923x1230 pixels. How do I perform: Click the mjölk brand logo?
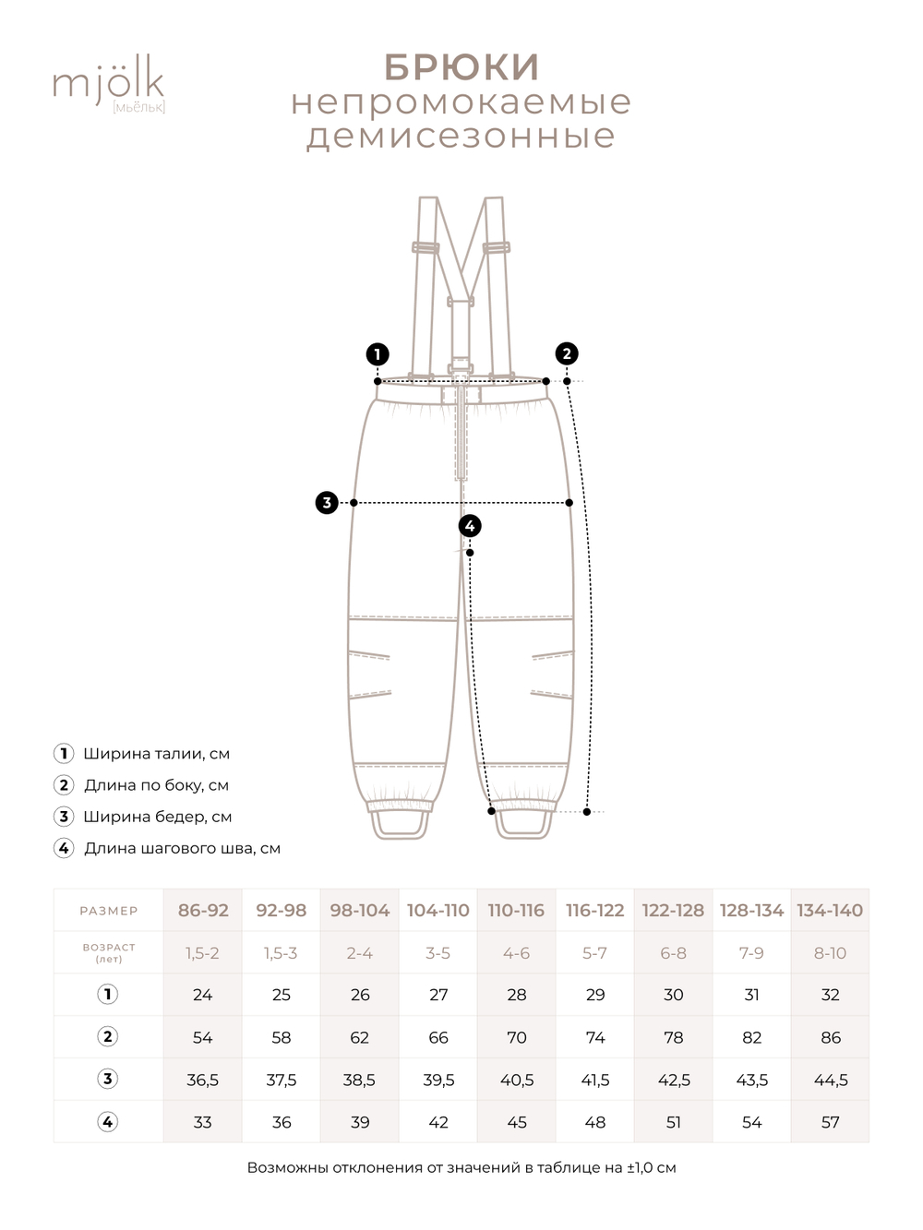(108, 84)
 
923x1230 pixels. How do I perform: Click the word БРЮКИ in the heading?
(461, 67)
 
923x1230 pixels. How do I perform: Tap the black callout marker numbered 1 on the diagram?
(377, 354)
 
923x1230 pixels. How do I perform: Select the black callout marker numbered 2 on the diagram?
(567, 353)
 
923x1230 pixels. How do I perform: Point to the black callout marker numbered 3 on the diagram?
(327, 503)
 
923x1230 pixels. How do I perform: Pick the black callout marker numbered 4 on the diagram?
(470, 526)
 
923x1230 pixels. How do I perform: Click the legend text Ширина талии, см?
(156, 754)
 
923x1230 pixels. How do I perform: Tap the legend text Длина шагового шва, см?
(182, 848)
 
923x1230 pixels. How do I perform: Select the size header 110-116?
(516, 911)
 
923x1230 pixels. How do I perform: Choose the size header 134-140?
(830, 911)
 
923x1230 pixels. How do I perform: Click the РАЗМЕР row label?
(108, 911)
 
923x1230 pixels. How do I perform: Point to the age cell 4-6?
(516, 953)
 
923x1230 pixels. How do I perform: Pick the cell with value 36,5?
(203, 1080)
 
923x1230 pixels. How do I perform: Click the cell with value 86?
(831, 1037)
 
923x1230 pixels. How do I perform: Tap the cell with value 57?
(831, 1122)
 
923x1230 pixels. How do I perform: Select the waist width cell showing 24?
(203, 995)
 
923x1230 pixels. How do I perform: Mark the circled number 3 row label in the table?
(108, 1079)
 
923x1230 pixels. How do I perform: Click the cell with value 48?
(595, 1122)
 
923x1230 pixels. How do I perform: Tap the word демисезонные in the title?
(461, 136)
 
